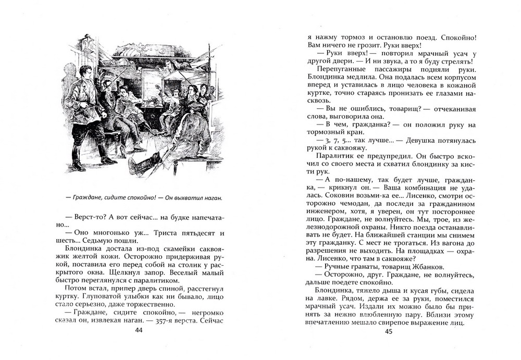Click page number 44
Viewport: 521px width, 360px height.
click(x=138, y=330)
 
